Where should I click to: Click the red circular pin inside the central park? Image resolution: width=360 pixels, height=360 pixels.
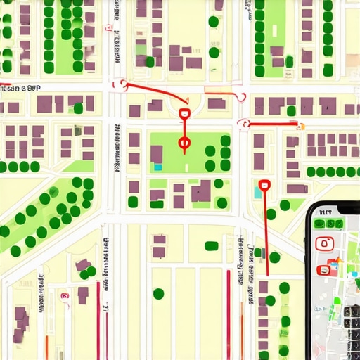[185, 144]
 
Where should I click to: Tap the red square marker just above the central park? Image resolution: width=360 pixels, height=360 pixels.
[184, 112]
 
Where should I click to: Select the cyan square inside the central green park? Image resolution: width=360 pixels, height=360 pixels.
[158, 167]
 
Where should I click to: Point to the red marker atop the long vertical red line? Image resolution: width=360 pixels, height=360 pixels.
[264, 186]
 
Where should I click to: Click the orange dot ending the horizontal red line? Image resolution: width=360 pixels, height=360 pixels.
[300, 126]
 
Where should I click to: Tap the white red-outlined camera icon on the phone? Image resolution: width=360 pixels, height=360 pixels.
[324, 244]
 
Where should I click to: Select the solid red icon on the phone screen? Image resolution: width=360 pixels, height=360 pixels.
[324, 269]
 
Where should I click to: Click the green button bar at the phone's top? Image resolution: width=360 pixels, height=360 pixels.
[327, 224]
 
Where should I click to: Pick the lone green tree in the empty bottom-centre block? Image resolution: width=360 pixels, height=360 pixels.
[159, 293]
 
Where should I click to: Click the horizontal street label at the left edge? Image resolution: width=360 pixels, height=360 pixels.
[20, 89]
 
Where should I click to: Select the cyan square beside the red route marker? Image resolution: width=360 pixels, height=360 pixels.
[257, 192]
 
